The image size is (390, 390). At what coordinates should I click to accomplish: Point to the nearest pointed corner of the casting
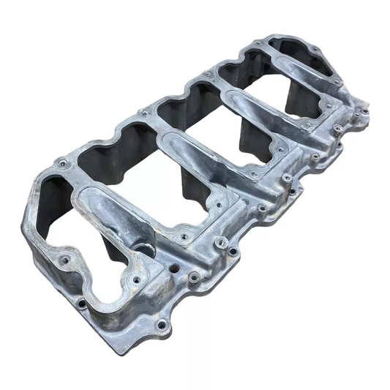tap(117, 350)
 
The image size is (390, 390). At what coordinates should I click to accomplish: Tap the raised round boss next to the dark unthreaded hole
tap(194, 277)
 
